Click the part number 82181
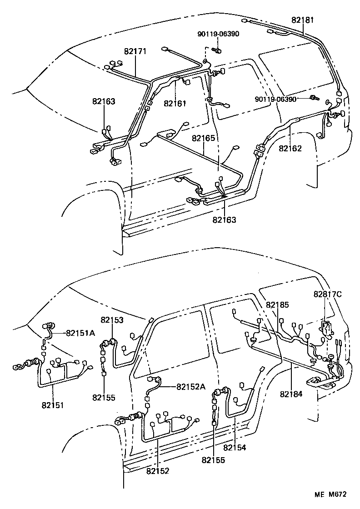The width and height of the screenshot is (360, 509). click(303, 20)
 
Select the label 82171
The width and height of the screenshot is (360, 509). click(135, 52)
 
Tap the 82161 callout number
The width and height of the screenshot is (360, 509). click(175, 103)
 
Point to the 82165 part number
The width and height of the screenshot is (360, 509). click(203, 137)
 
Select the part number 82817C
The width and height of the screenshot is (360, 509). click(327, 294)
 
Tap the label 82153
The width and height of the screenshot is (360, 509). click(112, 320)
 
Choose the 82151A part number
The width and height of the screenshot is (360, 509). click(80, 333)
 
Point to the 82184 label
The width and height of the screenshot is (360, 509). click(291, 394)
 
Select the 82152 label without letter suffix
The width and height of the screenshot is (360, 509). click(158, 471)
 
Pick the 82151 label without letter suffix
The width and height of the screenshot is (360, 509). click(53, 404)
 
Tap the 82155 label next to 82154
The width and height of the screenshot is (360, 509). click(214, 460)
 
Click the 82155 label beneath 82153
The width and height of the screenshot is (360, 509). click(104, 397)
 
